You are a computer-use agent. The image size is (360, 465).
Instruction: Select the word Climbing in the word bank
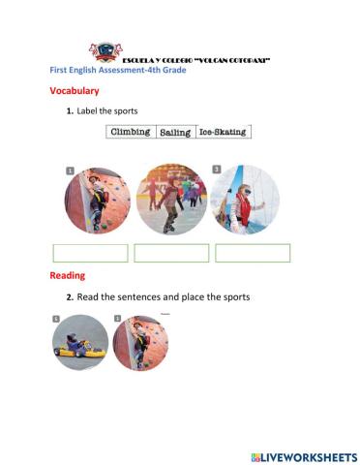(x=131, y=131)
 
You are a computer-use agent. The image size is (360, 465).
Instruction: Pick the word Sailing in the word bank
(x=175, y=131)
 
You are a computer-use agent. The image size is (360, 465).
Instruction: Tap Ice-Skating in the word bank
(x=223, y=131)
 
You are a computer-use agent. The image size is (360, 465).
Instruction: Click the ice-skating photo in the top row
(x=171, y=199)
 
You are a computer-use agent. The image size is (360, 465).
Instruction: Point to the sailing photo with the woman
(x=245, y=199)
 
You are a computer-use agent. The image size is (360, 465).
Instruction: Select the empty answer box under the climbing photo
(x=90, y=253)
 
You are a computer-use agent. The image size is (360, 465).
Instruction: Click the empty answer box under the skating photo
(x=171, y=253)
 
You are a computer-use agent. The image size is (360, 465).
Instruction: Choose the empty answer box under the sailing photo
(x=253, y=253)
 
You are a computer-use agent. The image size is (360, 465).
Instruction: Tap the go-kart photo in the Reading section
(x=80, y=343)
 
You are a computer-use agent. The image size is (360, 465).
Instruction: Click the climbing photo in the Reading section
(x=141, y=343)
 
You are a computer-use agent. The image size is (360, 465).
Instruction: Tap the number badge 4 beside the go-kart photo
(x=56, y=318)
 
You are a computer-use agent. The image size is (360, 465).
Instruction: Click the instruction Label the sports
(x=114, y=112)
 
